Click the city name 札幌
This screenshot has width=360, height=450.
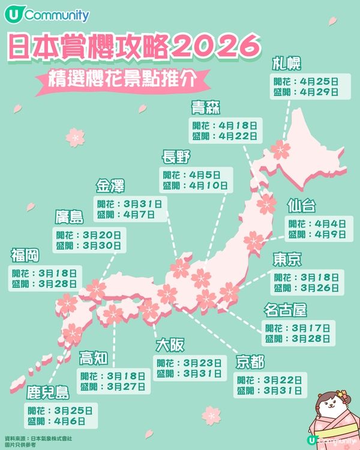[287, 64]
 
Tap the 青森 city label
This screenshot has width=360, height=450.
[206, 109]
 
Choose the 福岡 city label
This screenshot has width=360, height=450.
[25, 256]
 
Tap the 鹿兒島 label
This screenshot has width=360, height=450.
[48, 394]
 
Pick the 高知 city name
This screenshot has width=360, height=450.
[94, 359]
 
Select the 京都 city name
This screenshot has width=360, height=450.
[250, 362]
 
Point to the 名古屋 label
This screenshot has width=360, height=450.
[286, 310]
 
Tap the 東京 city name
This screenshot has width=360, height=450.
[287, 259]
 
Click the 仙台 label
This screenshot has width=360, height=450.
[301, 206]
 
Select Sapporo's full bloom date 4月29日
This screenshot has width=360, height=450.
[319, 92]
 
